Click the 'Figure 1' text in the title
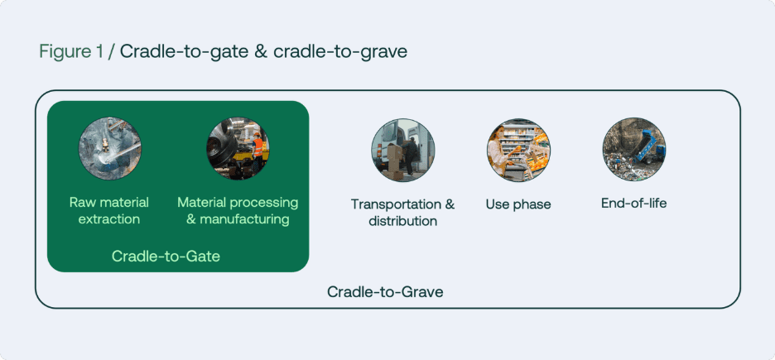tap(72, 52)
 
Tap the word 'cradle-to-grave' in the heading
tap(340, 52)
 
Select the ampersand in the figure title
tap(261, 52)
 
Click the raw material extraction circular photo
tap(110, 149)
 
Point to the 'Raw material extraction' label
tap(109, 210)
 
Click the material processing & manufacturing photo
tap(238, 149)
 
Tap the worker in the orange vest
tap(257, 151)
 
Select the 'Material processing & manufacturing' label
tap(238, 210)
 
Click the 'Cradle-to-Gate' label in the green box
tap(166, 257)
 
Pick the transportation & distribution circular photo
tap(403, 150)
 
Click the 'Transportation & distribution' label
tap(403, 213)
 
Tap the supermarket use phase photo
tap(518, 150)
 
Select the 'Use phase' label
tap(518, 204)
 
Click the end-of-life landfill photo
tap(634, 149)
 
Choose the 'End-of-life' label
tap(634, 203)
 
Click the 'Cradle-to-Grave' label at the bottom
tap(386, 292)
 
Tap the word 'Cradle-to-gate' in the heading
tap(184, 52)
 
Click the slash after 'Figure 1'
tap(112, 52)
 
